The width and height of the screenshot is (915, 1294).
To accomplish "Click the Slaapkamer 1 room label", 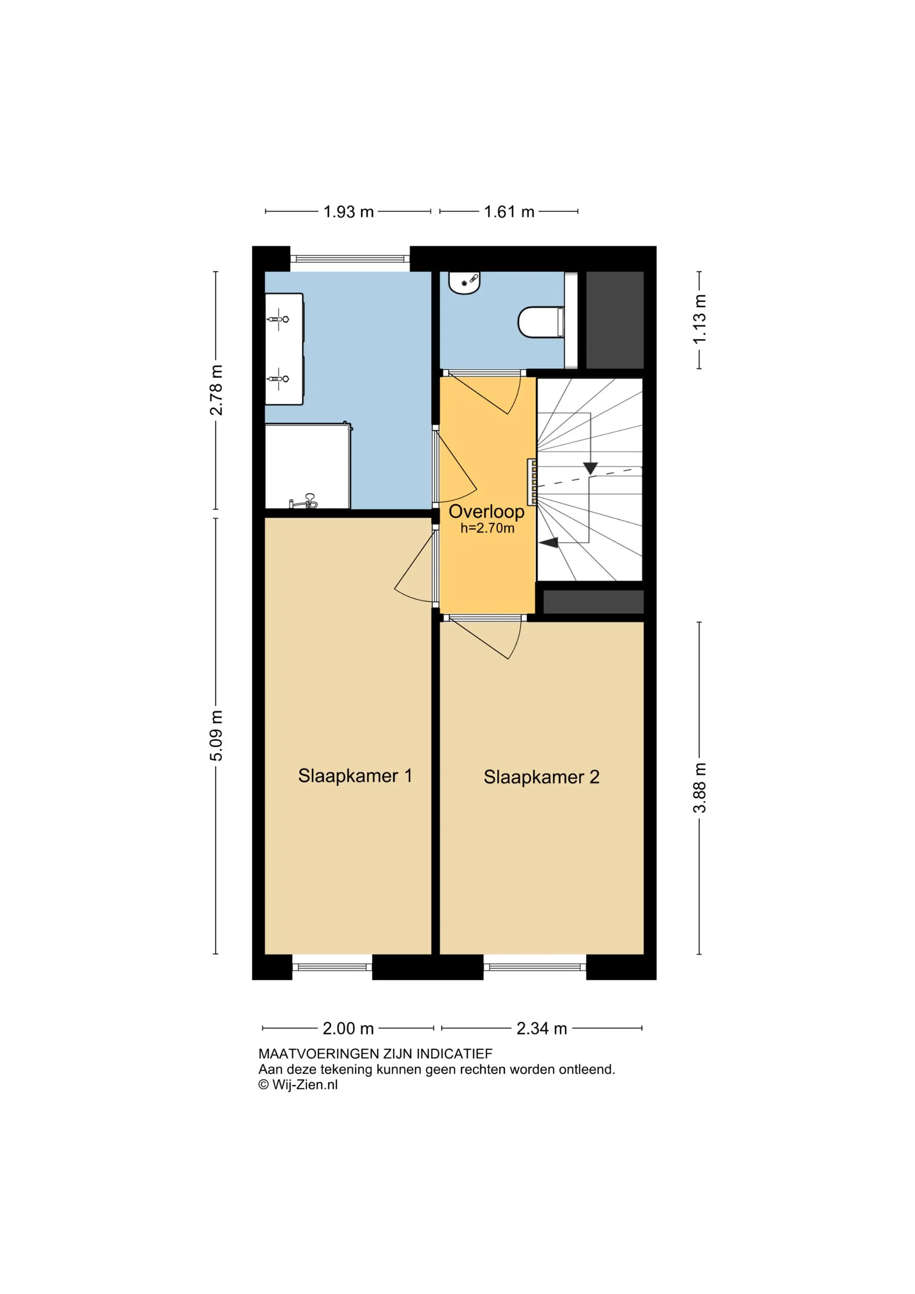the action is pyautogui.click(x=355, y=776).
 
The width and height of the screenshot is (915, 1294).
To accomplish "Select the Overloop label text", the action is pyautogui.click(x=486, y=512).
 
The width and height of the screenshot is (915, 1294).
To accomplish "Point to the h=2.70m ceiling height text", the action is pyautogui.click(x=487, y=528).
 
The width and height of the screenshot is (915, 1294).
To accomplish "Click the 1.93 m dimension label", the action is pyautogui.click(x=348, y=211).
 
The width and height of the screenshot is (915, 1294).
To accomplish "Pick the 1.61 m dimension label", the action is pyautogui.click(x=509, y=211).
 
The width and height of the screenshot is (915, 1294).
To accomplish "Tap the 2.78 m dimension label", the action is pyautogui.click(x=216, y=390).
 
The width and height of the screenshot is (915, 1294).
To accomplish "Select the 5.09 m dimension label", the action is pyautogui.click(x=216, y=735).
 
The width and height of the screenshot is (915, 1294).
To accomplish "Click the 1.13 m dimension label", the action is pyautogui.click(x=699, y=319).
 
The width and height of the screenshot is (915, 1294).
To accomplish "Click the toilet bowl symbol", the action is pyautogui.click(x=541, y=322).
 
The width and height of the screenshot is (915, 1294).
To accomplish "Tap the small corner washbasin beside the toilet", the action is pyautogui.click(x=464, y=283).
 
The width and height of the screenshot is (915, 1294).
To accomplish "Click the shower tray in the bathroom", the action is pyautogui.click(x=307, y=467).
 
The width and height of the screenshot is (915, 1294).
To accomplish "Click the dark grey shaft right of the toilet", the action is pyautogui.click(x=615, y=320).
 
